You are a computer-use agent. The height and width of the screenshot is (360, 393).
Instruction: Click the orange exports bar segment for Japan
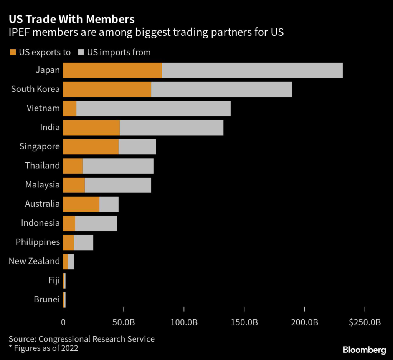pos(112,70)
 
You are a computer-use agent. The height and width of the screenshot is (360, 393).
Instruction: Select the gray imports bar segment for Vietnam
pos(154,108)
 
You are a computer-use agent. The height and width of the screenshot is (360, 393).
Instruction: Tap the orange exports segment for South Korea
pos(107,90)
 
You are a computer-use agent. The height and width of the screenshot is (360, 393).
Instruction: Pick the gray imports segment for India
pos(171,128)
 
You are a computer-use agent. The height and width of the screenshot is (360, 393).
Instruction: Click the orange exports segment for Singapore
pos(91,147)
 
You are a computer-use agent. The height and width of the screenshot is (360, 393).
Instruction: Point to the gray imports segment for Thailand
pos(118,166)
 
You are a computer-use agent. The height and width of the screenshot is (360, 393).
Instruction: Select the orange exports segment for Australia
pos(81,204)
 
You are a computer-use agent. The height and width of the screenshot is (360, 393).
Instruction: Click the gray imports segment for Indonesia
pos(96,223)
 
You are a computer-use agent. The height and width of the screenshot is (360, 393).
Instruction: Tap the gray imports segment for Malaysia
pos(118,185)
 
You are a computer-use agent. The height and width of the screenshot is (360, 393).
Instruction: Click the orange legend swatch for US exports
pos(13,52)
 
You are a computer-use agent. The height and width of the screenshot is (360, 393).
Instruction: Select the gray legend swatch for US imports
pos(81,52)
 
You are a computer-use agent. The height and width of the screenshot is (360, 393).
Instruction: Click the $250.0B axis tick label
pos(365,322)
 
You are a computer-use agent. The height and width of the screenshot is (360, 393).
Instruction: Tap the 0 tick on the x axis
pos(63,322)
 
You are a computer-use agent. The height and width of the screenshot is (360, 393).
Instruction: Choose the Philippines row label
pos(38,242)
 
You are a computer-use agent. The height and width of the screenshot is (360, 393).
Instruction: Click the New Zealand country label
pos(34,261)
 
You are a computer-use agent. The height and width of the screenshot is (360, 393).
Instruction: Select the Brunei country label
pos(47,299)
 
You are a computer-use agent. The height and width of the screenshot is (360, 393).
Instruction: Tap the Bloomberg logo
pos(364,350)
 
